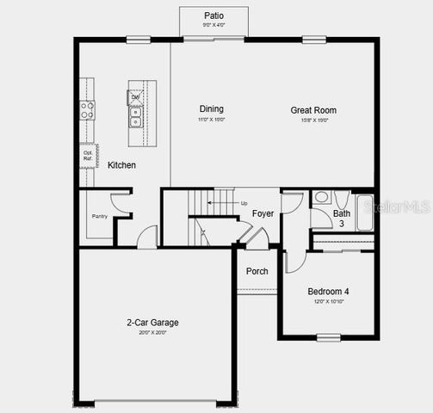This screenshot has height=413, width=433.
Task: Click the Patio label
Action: [213, 15]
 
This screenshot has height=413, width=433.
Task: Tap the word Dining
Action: [212, 109]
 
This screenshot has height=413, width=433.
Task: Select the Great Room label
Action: [313, 110]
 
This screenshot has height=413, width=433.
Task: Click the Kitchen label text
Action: [121, 164]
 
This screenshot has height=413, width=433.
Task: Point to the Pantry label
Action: [100, 216]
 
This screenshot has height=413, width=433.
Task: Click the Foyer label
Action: [263, 213]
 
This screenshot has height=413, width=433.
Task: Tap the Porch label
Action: [257, 271]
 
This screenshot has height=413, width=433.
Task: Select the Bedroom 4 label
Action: [328, 292]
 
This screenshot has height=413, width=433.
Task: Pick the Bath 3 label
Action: [342, 219]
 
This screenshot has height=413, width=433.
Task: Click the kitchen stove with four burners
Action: [87, 109]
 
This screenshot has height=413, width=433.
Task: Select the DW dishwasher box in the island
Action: [135, 97]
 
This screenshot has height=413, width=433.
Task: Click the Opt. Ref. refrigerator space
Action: [88, 156]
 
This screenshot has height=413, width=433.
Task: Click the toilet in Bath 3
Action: [321, 197]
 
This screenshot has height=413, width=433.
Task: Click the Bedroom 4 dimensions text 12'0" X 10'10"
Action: [328, 303]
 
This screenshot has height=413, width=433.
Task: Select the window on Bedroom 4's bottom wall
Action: [328, 337]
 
